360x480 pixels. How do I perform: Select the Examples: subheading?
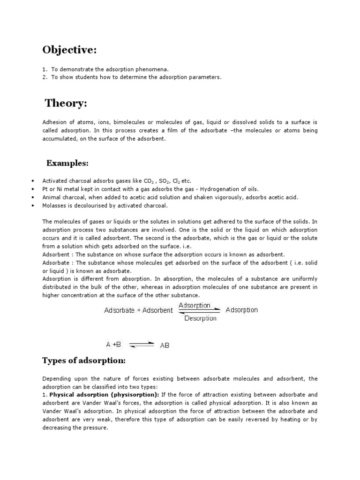click(x=67, y=163)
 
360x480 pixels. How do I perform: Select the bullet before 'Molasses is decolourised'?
click(x=32, y=206)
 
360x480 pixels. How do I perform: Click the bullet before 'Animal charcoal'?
click(x=32, y=197)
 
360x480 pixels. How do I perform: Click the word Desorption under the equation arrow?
click(x=200, y=318)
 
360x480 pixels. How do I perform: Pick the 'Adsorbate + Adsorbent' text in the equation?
click(x=138, y=310)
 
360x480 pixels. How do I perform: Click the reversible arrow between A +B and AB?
click(x=141, y=345)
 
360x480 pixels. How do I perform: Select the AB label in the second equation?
click(x=165, y=345)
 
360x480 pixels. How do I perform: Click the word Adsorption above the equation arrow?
click(x=197, y=305)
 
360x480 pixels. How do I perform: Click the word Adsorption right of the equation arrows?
click(x=241, y=310)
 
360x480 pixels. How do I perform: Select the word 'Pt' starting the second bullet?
click(x=45, y=189)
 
